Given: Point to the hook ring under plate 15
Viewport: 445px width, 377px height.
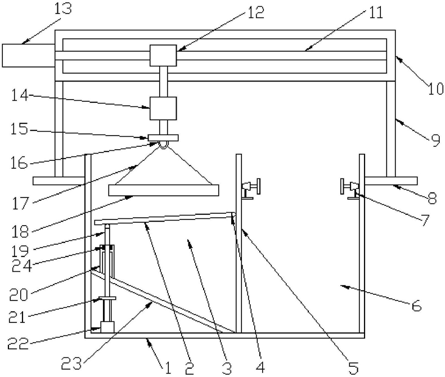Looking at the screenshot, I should tap(164, 145).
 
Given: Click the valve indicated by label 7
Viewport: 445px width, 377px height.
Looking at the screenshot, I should tap(349, 187).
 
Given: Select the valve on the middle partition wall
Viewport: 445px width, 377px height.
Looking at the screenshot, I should tap(250, 187).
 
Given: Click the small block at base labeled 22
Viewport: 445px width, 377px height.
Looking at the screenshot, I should tap(107, 326).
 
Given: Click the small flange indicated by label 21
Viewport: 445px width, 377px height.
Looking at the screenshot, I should tap(106, 298).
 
